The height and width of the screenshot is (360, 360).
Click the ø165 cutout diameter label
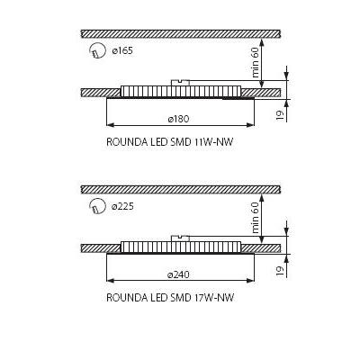(x=122, y=50)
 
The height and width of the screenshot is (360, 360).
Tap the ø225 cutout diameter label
(x=122, y=206)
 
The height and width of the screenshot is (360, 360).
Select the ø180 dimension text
(x=179, y=119)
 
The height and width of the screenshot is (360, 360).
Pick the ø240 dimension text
(x=178, y=274)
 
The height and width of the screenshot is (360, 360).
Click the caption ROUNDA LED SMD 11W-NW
(x=170, y=142)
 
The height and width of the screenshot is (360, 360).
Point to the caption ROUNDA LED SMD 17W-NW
(x=170, y=298)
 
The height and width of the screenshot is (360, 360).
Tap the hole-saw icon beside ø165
(x=97, y=50)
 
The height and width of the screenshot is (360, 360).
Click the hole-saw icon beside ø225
(x=97, y=206)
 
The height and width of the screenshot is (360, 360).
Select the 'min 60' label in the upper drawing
(x=255, y=63)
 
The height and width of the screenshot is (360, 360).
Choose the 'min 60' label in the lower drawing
(x=255, y=218)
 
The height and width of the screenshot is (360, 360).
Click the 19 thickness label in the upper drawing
(x=280, y=115)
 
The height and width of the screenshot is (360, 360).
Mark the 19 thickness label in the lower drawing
(x=280, y=271)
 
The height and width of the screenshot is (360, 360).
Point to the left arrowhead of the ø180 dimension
(x=111, y=125)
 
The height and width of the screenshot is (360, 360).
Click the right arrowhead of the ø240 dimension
(x=250, y=281)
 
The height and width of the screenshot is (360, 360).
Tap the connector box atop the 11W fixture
(x=180, y=83)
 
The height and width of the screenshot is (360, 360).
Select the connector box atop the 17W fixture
(x=180, y=238)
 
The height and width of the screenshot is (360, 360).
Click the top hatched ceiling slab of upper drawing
(x=181, y=33)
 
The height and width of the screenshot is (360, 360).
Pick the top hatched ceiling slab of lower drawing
(x=181, y=189)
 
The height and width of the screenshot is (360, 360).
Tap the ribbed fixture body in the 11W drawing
(x=181, y=92)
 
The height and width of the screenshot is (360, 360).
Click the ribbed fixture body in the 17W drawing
(x=181, y=247)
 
